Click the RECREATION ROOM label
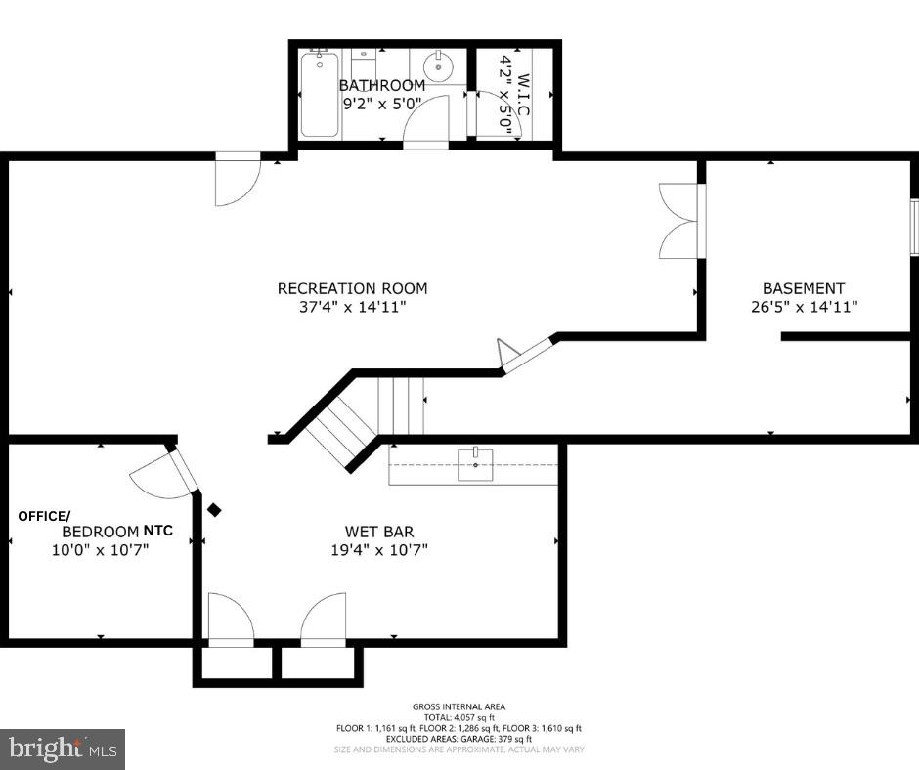(352, 288)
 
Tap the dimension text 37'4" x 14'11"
(352, 307)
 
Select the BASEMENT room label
(804, 288)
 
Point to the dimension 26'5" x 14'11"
(804, 307)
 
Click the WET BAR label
(378, 532)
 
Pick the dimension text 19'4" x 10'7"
(378, 549)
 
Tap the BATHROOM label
(382, 85)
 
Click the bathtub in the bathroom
(320, 96)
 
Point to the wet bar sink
(476, 460)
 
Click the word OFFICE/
(44, 515)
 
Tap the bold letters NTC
(158, 531)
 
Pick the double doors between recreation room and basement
(678, 221)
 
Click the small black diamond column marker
(214, 510)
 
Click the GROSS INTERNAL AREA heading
(459, 706)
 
